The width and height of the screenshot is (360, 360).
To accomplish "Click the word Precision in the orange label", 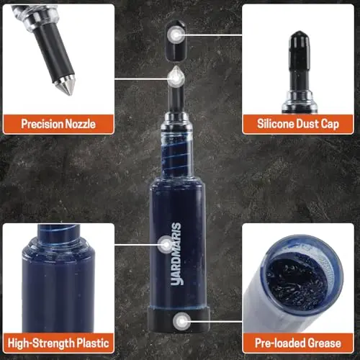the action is pos(42,124).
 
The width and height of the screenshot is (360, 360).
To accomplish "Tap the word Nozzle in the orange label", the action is pos(81,124).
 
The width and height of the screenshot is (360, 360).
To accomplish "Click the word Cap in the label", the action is pos(330,125).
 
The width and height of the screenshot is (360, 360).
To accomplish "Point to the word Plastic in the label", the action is pos(93,343).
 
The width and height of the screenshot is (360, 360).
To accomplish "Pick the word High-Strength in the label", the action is pos(41,343).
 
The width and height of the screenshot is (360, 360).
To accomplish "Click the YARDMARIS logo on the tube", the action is pos(176,253).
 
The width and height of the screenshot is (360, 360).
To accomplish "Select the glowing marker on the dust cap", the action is pos(176,35).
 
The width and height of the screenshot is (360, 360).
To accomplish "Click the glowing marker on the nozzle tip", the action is pos(176,78).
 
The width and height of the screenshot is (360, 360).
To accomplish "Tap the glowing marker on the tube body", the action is pos(166,245).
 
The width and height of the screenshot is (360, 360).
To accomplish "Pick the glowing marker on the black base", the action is pos(182,321).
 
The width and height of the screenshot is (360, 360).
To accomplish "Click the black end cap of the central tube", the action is pos(179,320).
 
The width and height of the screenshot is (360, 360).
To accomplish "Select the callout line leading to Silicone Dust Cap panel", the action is pos(214,35).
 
